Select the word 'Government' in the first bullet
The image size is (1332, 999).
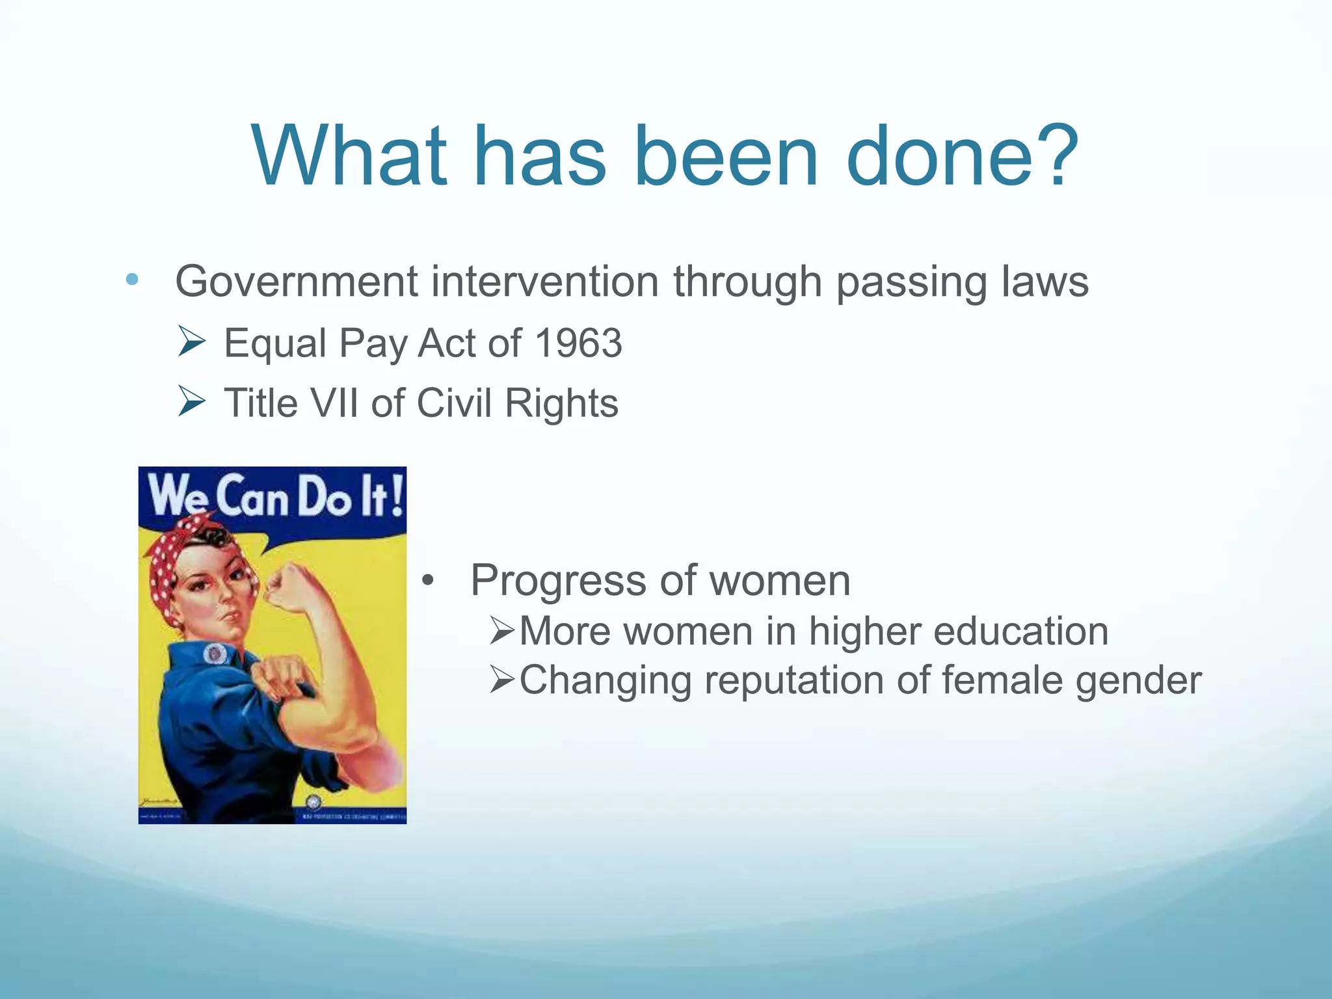(297, 282)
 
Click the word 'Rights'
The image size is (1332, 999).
(561, 404)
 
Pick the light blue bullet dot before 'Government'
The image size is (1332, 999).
(132, 280)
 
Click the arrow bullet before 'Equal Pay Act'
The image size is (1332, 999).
(191, 341)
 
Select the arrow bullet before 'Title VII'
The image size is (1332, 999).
(191, 401)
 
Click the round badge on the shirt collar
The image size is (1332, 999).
(215, 653)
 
